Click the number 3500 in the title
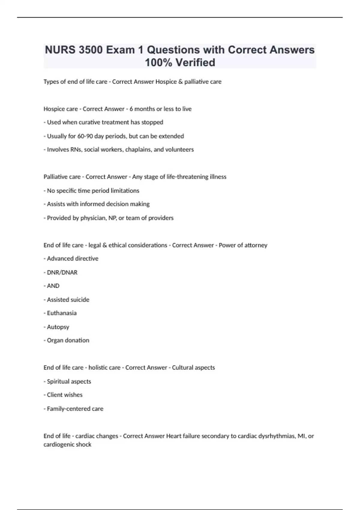pos(91,50)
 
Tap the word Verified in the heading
pos(195,63)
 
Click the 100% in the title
pos(158,63)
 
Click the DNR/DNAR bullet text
pos(62,272)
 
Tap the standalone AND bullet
pos(53,286)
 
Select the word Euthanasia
pos(61,313)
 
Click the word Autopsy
pos(58,327)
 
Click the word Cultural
pos(183,368)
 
